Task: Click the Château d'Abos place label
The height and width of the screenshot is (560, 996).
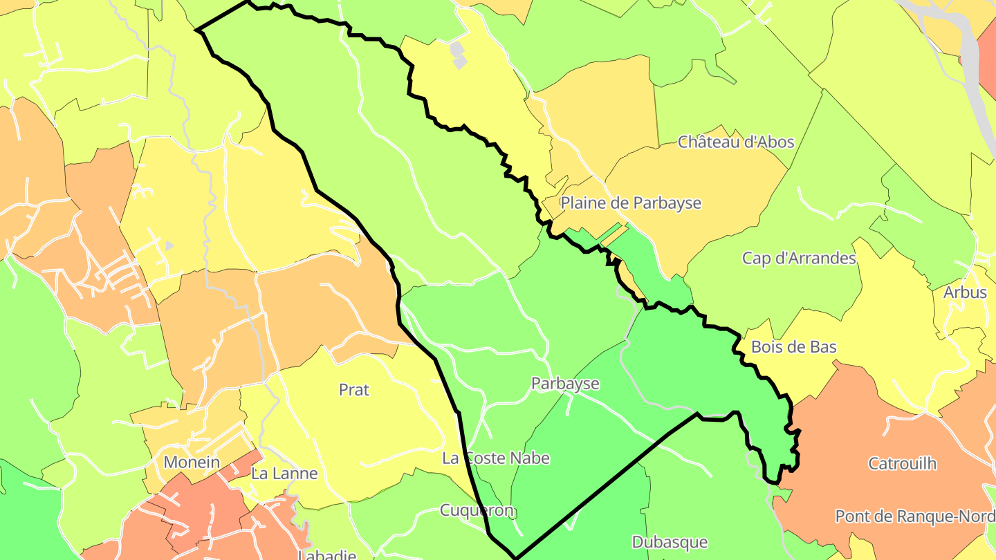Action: point(736,142)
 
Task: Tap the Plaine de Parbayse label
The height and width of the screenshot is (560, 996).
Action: point(631,203)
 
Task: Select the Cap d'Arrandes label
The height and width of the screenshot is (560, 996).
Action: point(799,259)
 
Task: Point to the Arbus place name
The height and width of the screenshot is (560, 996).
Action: point(965,292)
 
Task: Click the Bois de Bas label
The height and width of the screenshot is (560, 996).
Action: point(794,347)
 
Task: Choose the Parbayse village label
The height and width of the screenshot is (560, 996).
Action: point(565,384)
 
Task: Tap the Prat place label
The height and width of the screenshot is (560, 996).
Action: point(354,390)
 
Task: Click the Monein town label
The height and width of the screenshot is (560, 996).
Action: point(192,463)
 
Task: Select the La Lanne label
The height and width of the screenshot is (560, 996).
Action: point(284,474)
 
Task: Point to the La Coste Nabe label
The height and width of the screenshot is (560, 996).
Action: point(496,458)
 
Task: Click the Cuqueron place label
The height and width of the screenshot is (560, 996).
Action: point(477,511)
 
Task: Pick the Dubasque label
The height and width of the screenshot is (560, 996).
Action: point(670,542)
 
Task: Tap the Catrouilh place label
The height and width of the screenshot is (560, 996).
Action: point(903,463)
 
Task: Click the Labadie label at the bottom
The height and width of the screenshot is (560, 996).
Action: point(326,554)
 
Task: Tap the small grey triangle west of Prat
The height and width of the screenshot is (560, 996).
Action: point(169,245)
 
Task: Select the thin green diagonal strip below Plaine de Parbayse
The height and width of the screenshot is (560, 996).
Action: point(609,233)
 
